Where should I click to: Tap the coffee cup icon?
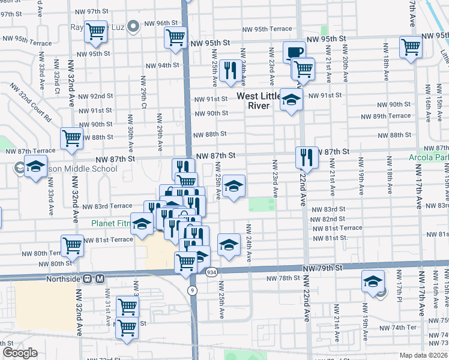click(295, 52)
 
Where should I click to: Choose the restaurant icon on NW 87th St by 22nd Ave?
click(307, 157)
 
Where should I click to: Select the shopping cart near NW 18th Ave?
click(411, 46)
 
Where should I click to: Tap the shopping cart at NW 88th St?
click(72, 138)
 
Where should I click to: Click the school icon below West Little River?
click(291, 99)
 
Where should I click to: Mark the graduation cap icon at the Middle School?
click(35, 167)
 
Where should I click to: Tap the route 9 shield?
click(192, 290)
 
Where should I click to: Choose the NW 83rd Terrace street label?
click(107, 206)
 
